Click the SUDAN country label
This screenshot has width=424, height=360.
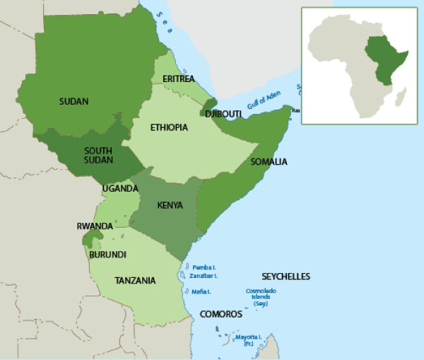click(74, 102)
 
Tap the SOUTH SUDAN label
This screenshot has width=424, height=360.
click(98, 156)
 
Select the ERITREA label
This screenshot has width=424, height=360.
click(178, 79)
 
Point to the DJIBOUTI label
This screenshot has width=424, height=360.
click(223, 113)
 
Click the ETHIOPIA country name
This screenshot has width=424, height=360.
click(169, 127)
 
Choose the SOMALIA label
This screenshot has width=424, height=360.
click(269, 162)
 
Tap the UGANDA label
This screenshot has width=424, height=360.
click(120, 189)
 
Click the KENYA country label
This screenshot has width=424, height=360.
click(170, 206)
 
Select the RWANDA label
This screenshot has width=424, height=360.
click(95, 226)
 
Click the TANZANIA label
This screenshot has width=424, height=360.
click(135, 281)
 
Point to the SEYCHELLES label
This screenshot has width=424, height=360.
click(286, 277)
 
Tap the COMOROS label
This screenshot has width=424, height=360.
click(221, 313)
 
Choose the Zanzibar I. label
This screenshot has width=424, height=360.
click(203, 277)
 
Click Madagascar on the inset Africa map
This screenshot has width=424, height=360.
click(400, 98)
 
